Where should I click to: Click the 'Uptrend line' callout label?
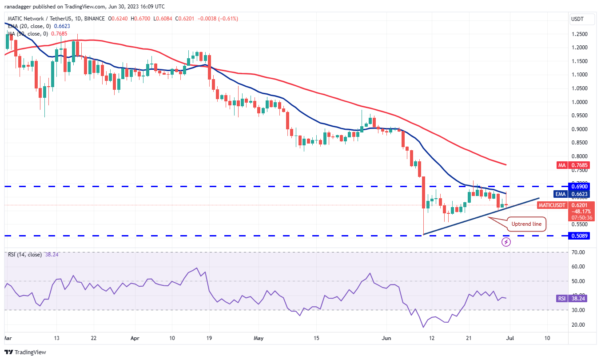click(x=526, y=224)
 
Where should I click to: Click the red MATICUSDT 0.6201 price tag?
click(x=553, y=205)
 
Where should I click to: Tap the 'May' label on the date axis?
click(x=259, y=338)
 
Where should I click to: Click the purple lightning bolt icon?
click(x=506, y=242)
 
